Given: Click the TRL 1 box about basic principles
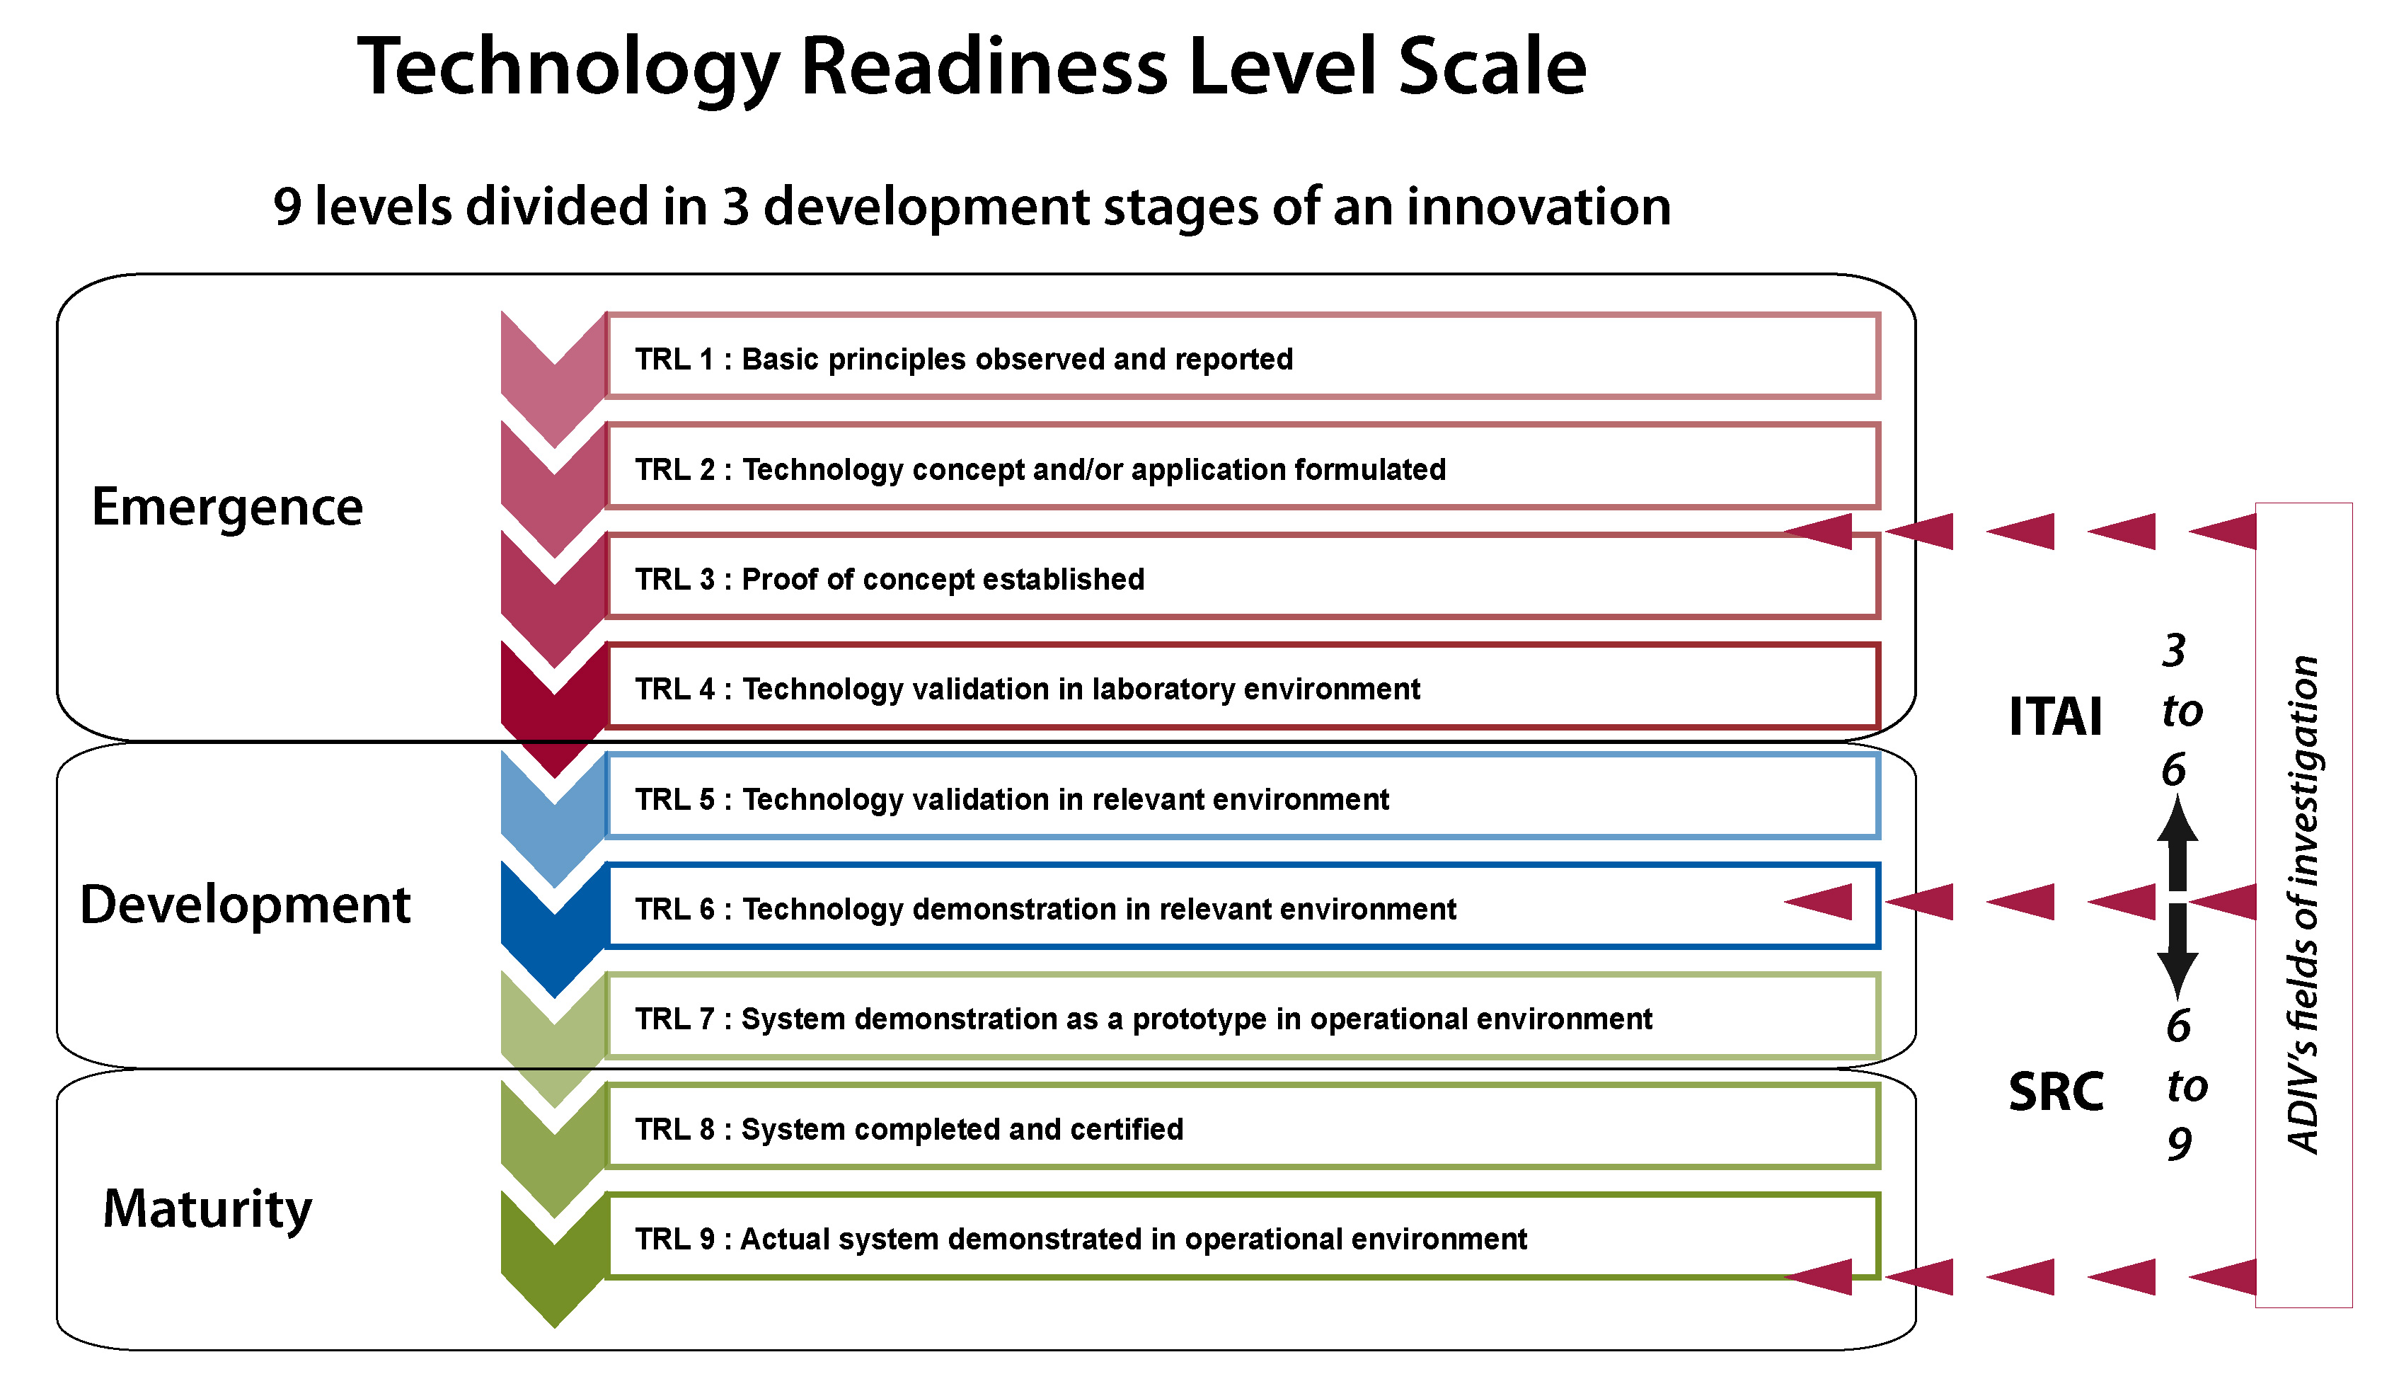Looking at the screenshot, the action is (x=1243, y=356).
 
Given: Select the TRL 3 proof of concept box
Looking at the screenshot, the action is (x=1243, y=576).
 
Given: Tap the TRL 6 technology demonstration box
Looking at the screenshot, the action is (x=1243, y=906).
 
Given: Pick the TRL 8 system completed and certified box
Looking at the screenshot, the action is (x=1243, y=1126).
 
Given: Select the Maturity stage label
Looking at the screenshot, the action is (x=207, y=1210).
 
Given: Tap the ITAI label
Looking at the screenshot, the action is (x=2056, y=716).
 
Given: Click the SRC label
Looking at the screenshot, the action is (x=2056, y=1092).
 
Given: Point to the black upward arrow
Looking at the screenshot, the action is (x=2178, y=842).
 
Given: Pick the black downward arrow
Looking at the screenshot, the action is (x=2178, y=951).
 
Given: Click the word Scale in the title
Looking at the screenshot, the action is (x=1492, y=67).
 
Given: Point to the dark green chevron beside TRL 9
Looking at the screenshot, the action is (x=555, y=1261).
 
